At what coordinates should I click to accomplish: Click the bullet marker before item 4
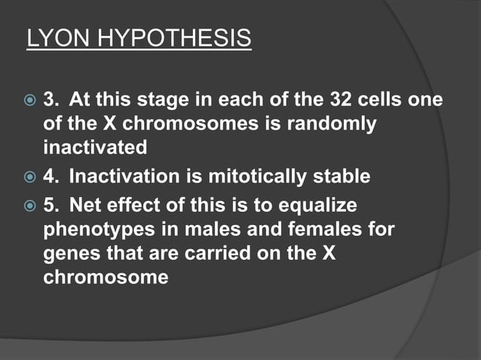point(31,178)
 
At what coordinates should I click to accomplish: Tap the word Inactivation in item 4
point(121,177)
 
